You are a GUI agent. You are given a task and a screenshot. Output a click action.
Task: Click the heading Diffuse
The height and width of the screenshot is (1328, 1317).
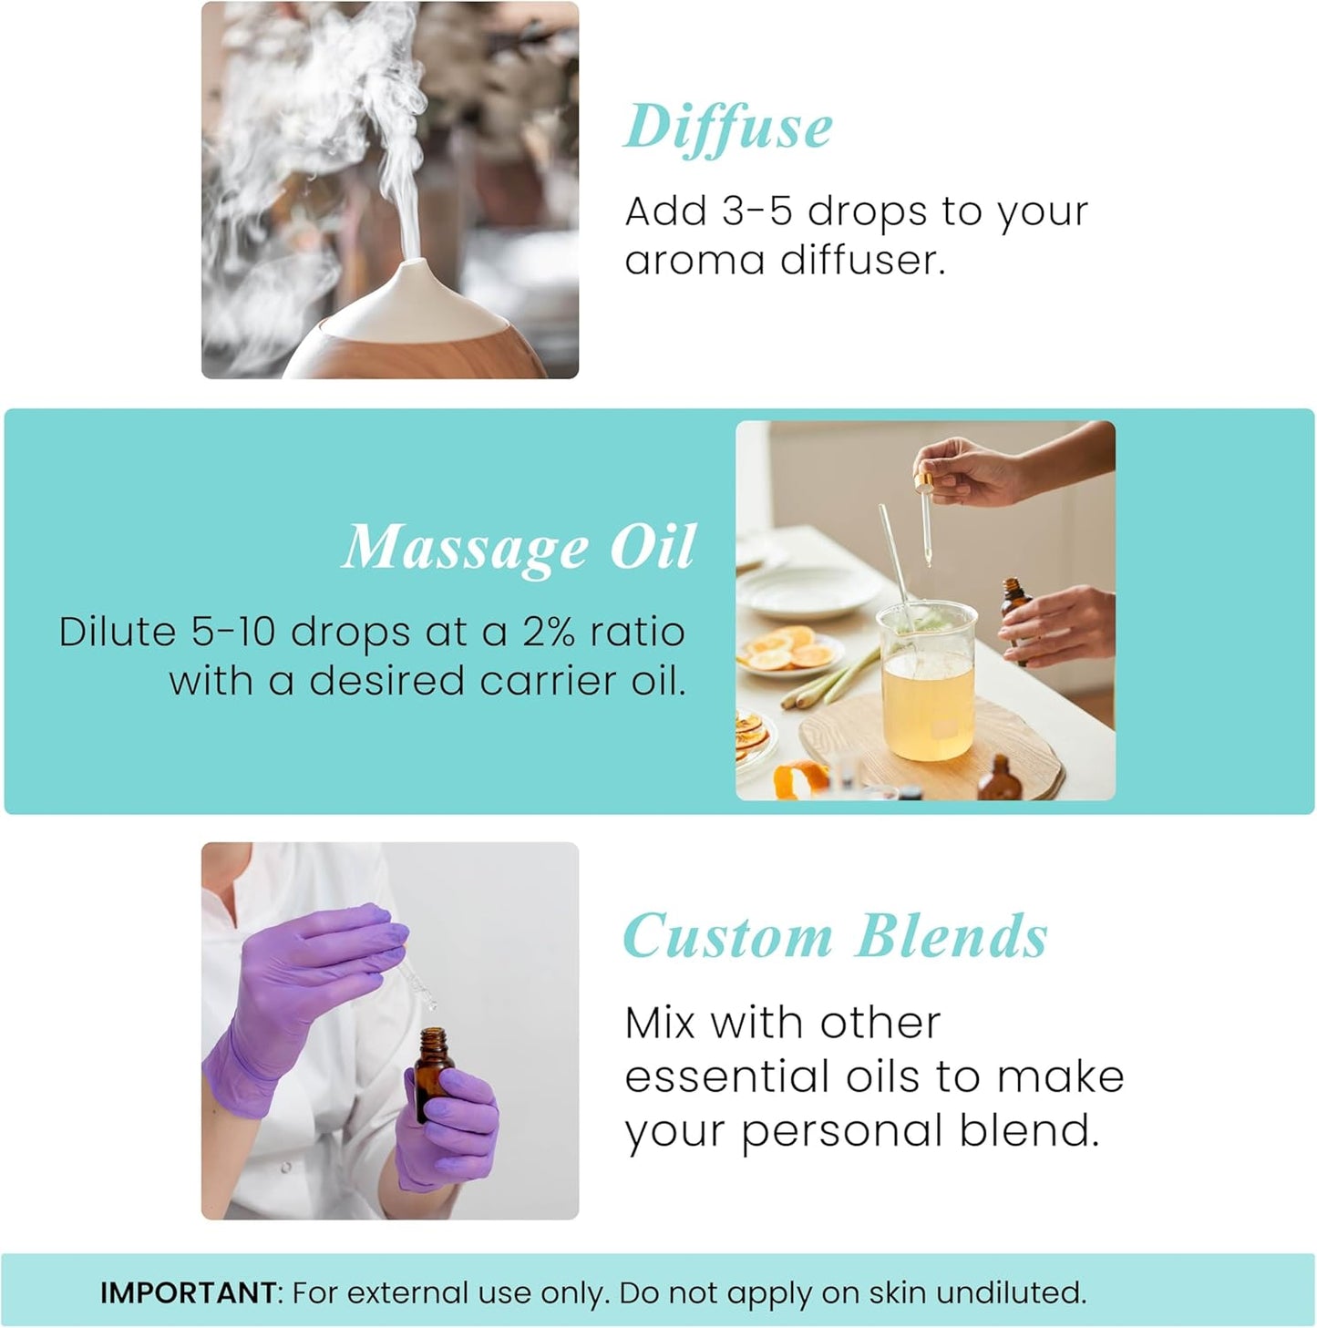pyautogui.click(x=727, y=128)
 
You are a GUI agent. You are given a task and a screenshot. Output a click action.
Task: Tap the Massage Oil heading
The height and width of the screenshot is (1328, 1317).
pyautogui.click(x=519, y=547)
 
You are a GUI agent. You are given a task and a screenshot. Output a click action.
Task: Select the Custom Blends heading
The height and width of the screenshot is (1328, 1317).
pyautogui.click(x=835, y=937)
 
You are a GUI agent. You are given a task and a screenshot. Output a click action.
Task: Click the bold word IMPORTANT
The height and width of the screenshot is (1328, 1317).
pyautogui.click(x=188, y=1292)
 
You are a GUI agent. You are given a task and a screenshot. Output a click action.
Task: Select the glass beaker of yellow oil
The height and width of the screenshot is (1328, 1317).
pyautogui.click(x=926, y=684)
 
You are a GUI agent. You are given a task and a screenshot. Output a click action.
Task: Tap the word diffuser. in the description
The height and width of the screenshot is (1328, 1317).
pyautogui.click(x=863, y=261)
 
